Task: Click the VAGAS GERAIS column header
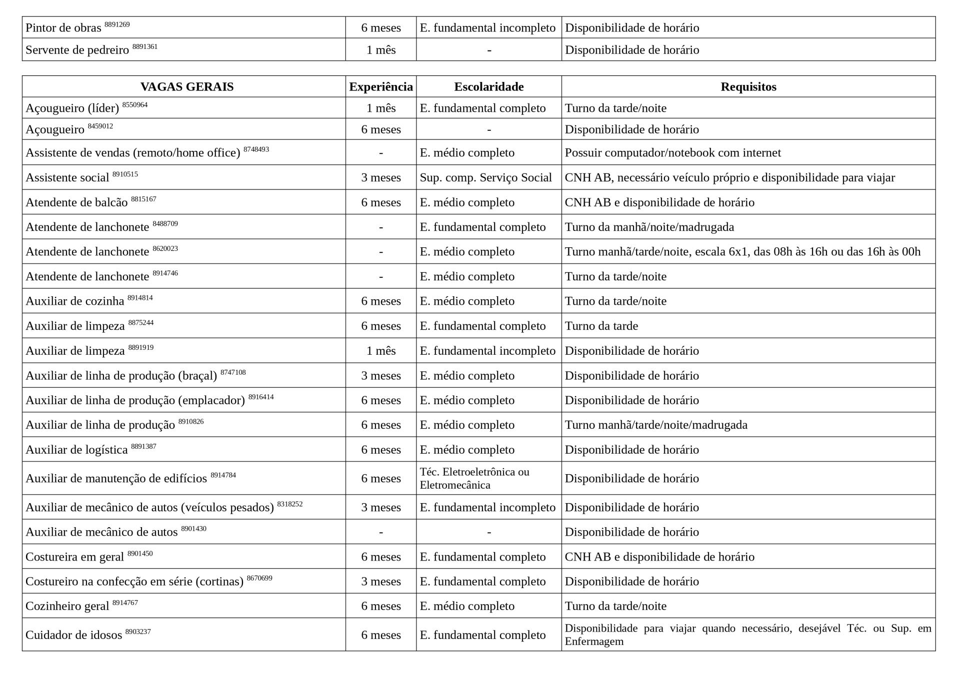[186, 87]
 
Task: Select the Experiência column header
[381, 87]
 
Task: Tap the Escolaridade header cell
[488, 87]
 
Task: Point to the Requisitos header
[748, 87]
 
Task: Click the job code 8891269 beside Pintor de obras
[117, 24]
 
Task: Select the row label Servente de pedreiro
[77, 50]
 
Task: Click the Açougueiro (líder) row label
[72, 108]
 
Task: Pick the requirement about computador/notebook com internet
[672, 153]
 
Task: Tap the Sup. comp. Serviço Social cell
[485, 178]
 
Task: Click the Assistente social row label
[67, 178]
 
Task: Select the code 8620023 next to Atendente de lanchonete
[165, 249]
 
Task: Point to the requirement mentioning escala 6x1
[742, 252]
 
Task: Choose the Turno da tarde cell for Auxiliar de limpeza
[601, 326]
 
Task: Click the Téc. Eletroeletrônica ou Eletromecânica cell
[474, 479]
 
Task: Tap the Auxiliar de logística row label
[76, 450]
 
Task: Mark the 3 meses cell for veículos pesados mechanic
[381, 508]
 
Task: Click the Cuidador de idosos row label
[73, 636]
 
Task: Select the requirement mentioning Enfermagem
[748, 635]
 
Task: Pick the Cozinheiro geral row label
[67, 607]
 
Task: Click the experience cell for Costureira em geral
[381, 557]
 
